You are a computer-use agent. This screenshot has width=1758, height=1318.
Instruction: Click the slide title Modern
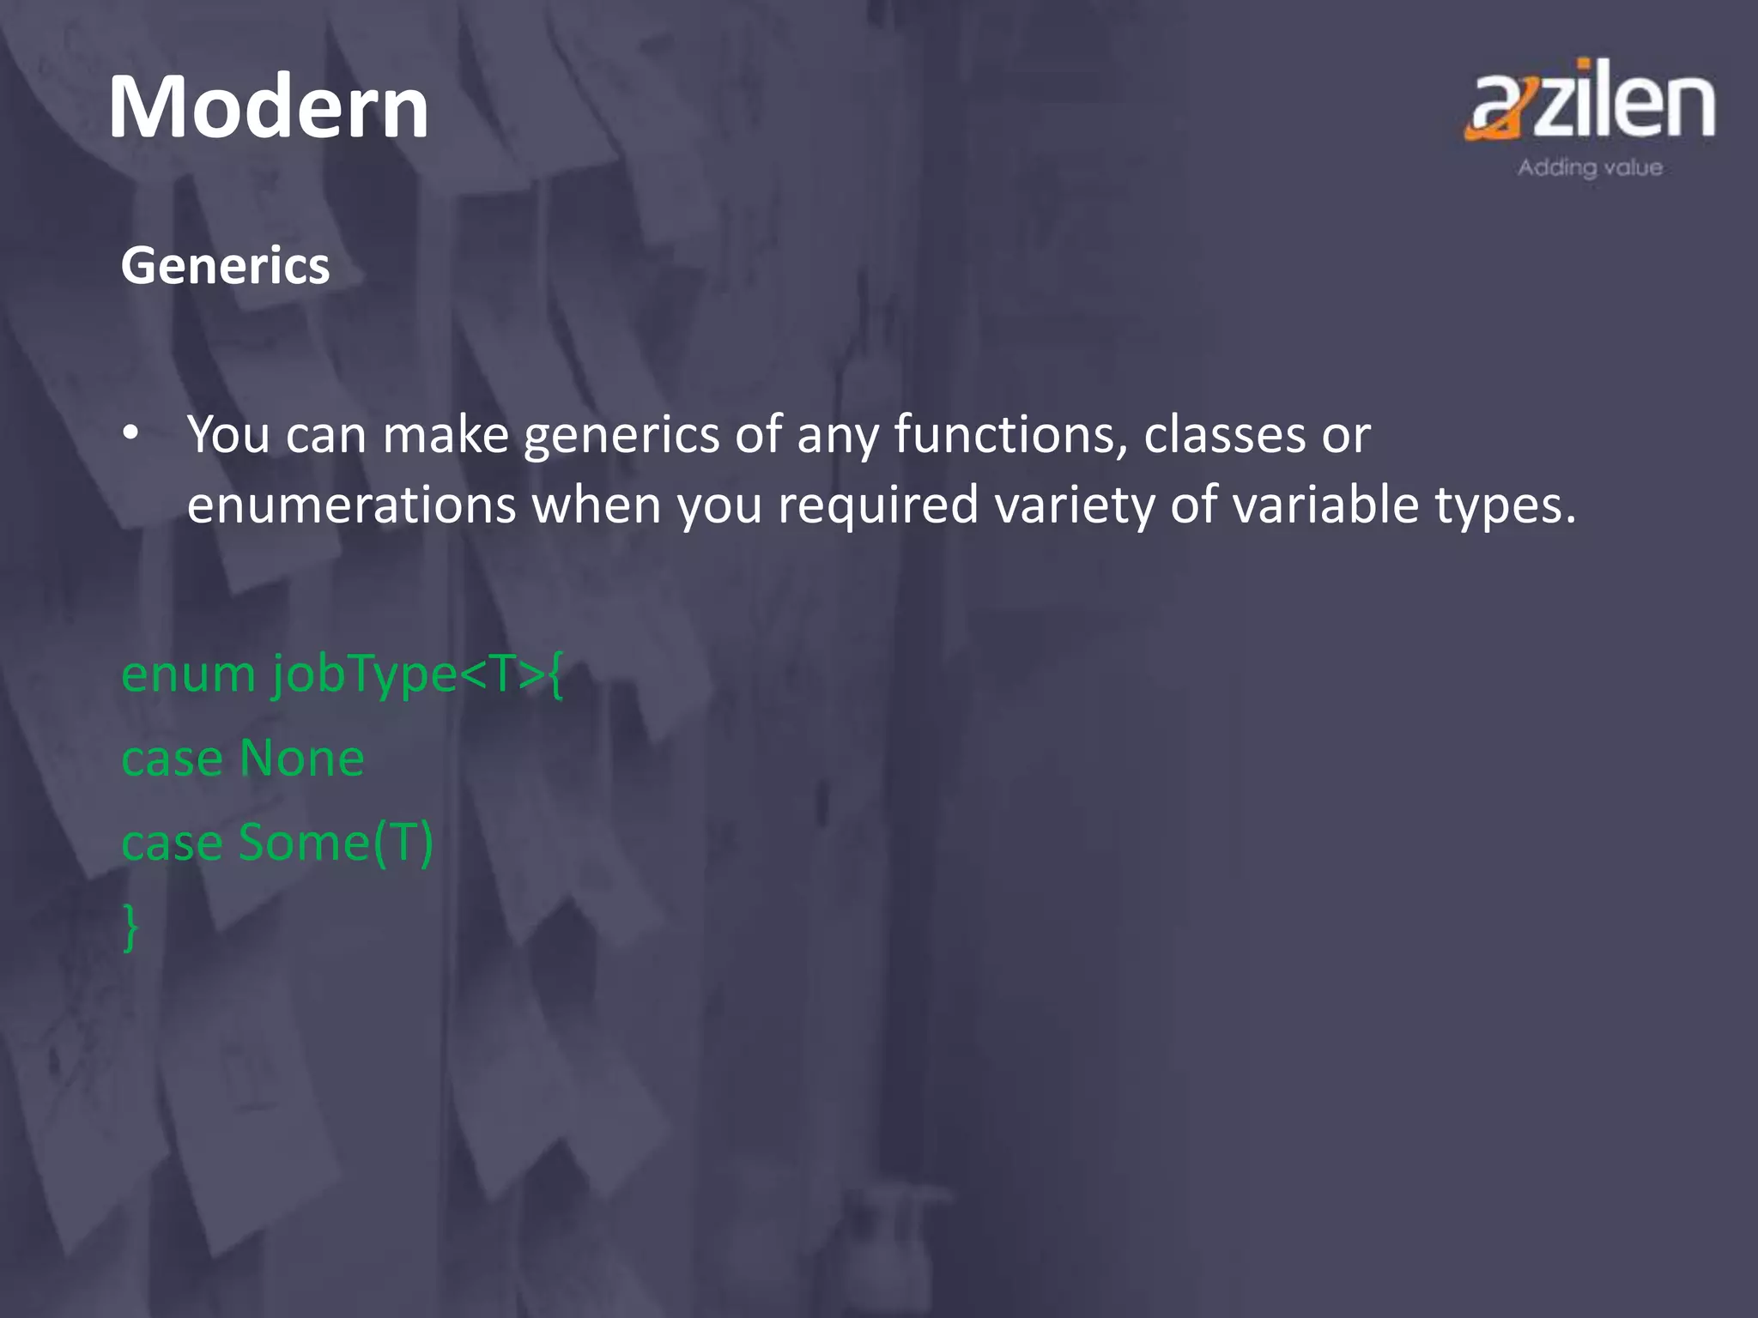coord(268,107)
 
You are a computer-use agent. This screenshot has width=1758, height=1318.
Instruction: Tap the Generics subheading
coord(225,265)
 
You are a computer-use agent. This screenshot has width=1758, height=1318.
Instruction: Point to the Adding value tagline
coord(1590,167)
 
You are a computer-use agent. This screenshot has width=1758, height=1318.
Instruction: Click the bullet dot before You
coord(130,434)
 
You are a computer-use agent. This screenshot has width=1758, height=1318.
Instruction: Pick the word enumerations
coord(351,505)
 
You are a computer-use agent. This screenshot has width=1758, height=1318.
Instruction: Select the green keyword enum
coord(189,674)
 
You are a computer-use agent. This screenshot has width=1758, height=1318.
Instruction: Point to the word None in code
coord(301,759)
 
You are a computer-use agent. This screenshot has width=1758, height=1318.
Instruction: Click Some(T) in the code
coord(336,843)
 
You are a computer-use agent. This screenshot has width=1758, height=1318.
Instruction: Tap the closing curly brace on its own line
coord(130,927)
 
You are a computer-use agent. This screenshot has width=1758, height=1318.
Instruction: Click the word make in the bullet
coord(446,434)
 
